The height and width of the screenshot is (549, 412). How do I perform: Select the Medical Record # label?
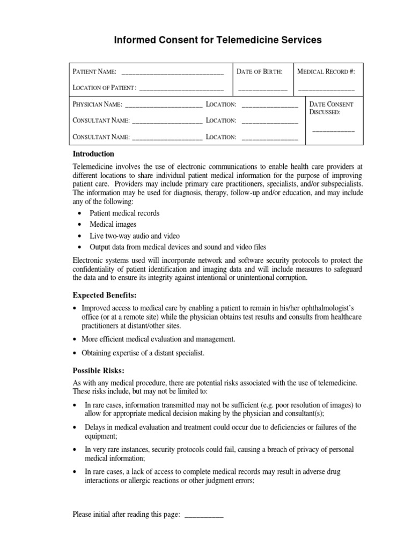(x=326, y=71)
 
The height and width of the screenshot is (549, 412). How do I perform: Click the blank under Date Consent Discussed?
(x=333, y=131)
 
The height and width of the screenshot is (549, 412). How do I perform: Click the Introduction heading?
(x=93, y=154)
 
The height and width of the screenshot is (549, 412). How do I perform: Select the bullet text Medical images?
(x=113, y=225)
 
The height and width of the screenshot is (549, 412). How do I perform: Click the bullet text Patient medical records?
(x=124, y=213)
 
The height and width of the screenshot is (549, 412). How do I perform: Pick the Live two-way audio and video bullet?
(x=134, y=236)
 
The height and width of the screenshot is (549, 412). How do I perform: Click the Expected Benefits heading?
(x=105, y=295)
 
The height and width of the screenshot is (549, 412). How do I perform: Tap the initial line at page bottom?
(x=204, y=515)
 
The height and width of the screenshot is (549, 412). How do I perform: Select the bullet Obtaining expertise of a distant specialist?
(x=143, y=353)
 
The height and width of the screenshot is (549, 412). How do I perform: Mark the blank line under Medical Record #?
(x=326, y=88)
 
